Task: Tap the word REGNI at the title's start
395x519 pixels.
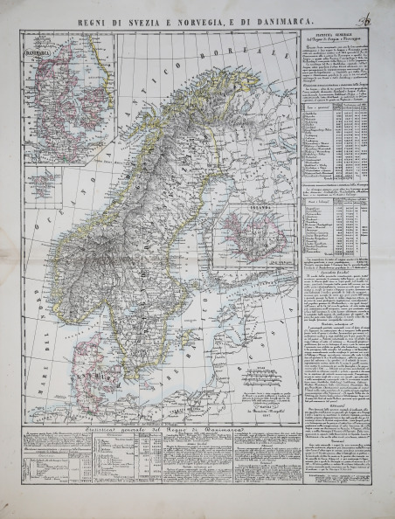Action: point(91,15)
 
